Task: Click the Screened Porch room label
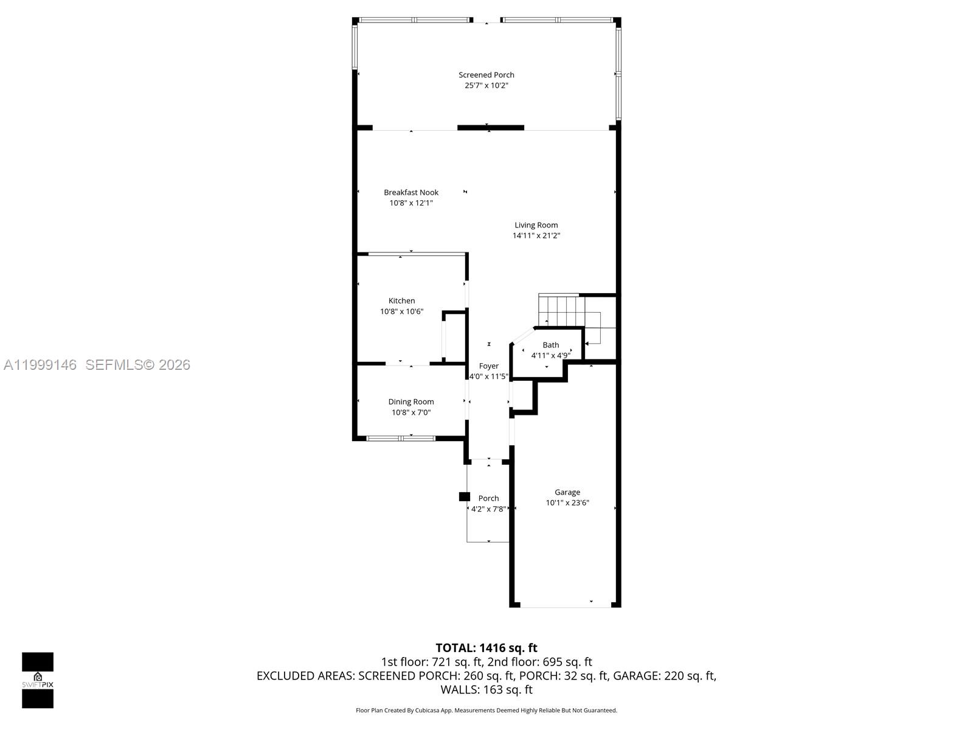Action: [486, 75]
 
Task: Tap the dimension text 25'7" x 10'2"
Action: [486, 86]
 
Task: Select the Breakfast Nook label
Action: [410, 192]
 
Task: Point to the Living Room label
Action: [536, 225]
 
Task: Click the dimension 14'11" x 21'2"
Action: [536, 235]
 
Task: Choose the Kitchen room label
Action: [401, 301]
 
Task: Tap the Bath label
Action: [550, 345]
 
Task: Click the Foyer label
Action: [488, 366]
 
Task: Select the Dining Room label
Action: [410, 401]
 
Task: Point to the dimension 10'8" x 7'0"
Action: [410, 412]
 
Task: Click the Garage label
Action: [567, 492]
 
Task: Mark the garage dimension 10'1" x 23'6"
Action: [567, 503]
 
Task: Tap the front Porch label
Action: [488, 498]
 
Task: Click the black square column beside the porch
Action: [464, 496]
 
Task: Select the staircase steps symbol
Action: [561, 310]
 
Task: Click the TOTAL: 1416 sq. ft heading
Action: [486, 648]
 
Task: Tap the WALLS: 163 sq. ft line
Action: [486, 690]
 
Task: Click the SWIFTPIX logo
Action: [38, 680]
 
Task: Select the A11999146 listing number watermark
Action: [40, 364]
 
